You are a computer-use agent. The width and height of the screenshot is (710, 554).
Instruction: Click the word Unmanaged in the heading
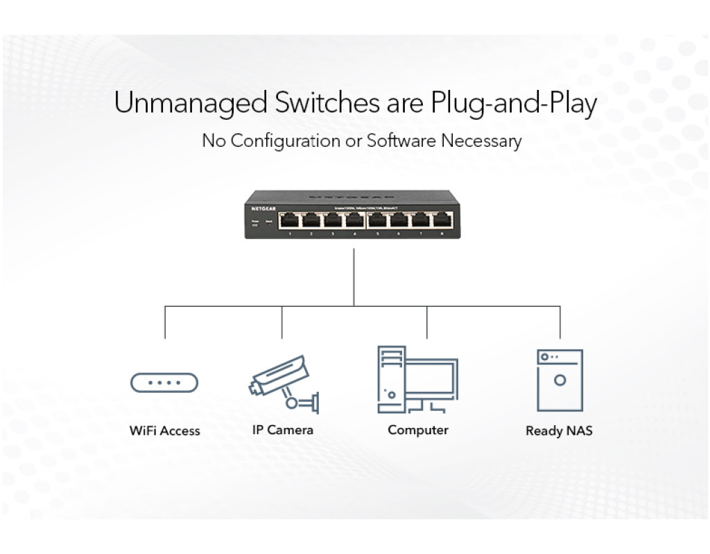(x=191, y=104)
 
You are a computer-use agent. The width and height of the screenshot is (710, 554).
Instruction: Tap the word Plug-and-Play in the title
(x=514, y=104)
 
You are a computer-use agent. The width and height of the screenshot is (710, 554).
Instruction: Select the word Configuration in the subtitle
(x=286, y=141)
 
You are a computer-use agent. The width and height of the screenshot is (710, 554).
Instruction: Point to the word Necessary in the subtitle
(x=481, y=141)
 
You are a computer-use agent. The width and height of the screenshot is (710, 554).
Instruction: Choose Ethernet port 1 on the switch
(x=290, y=221)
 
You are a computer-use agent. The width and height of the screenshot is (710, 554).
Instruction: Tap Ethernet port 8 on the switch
(x=442, y=221)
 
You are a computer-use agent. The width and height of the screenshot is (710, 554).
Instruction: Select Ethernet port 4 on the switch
(x=354, y=221)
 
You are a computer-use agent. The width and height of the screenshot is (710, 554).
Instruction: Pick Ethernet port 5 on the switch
(x=377, y=221)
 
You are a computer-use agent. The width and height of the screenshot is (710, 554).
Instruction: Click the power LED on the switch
(x=254, y=222)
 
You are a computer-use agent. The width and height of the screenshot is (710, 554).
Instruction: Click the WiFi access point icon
(x=164, y=382)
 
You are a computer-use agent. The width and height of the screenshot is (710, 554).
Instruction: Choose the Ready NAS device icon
(x=560, y=380)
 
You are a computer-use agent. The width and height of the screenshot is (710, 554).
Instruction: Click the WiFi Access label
(x=164, y=431)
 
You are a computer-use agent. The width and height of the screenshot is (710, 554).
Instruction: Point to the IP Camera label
(x=282, y=430)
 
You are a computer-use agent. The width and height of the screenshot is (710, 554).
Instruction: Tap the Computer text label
(x=418, y=430)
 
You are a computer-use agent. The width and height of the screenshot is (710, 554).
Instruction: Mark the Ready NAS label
(x=559, y=431)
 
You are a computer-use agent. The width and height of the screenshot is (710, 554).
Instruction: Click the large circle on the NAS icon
(x=560, y=380)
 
